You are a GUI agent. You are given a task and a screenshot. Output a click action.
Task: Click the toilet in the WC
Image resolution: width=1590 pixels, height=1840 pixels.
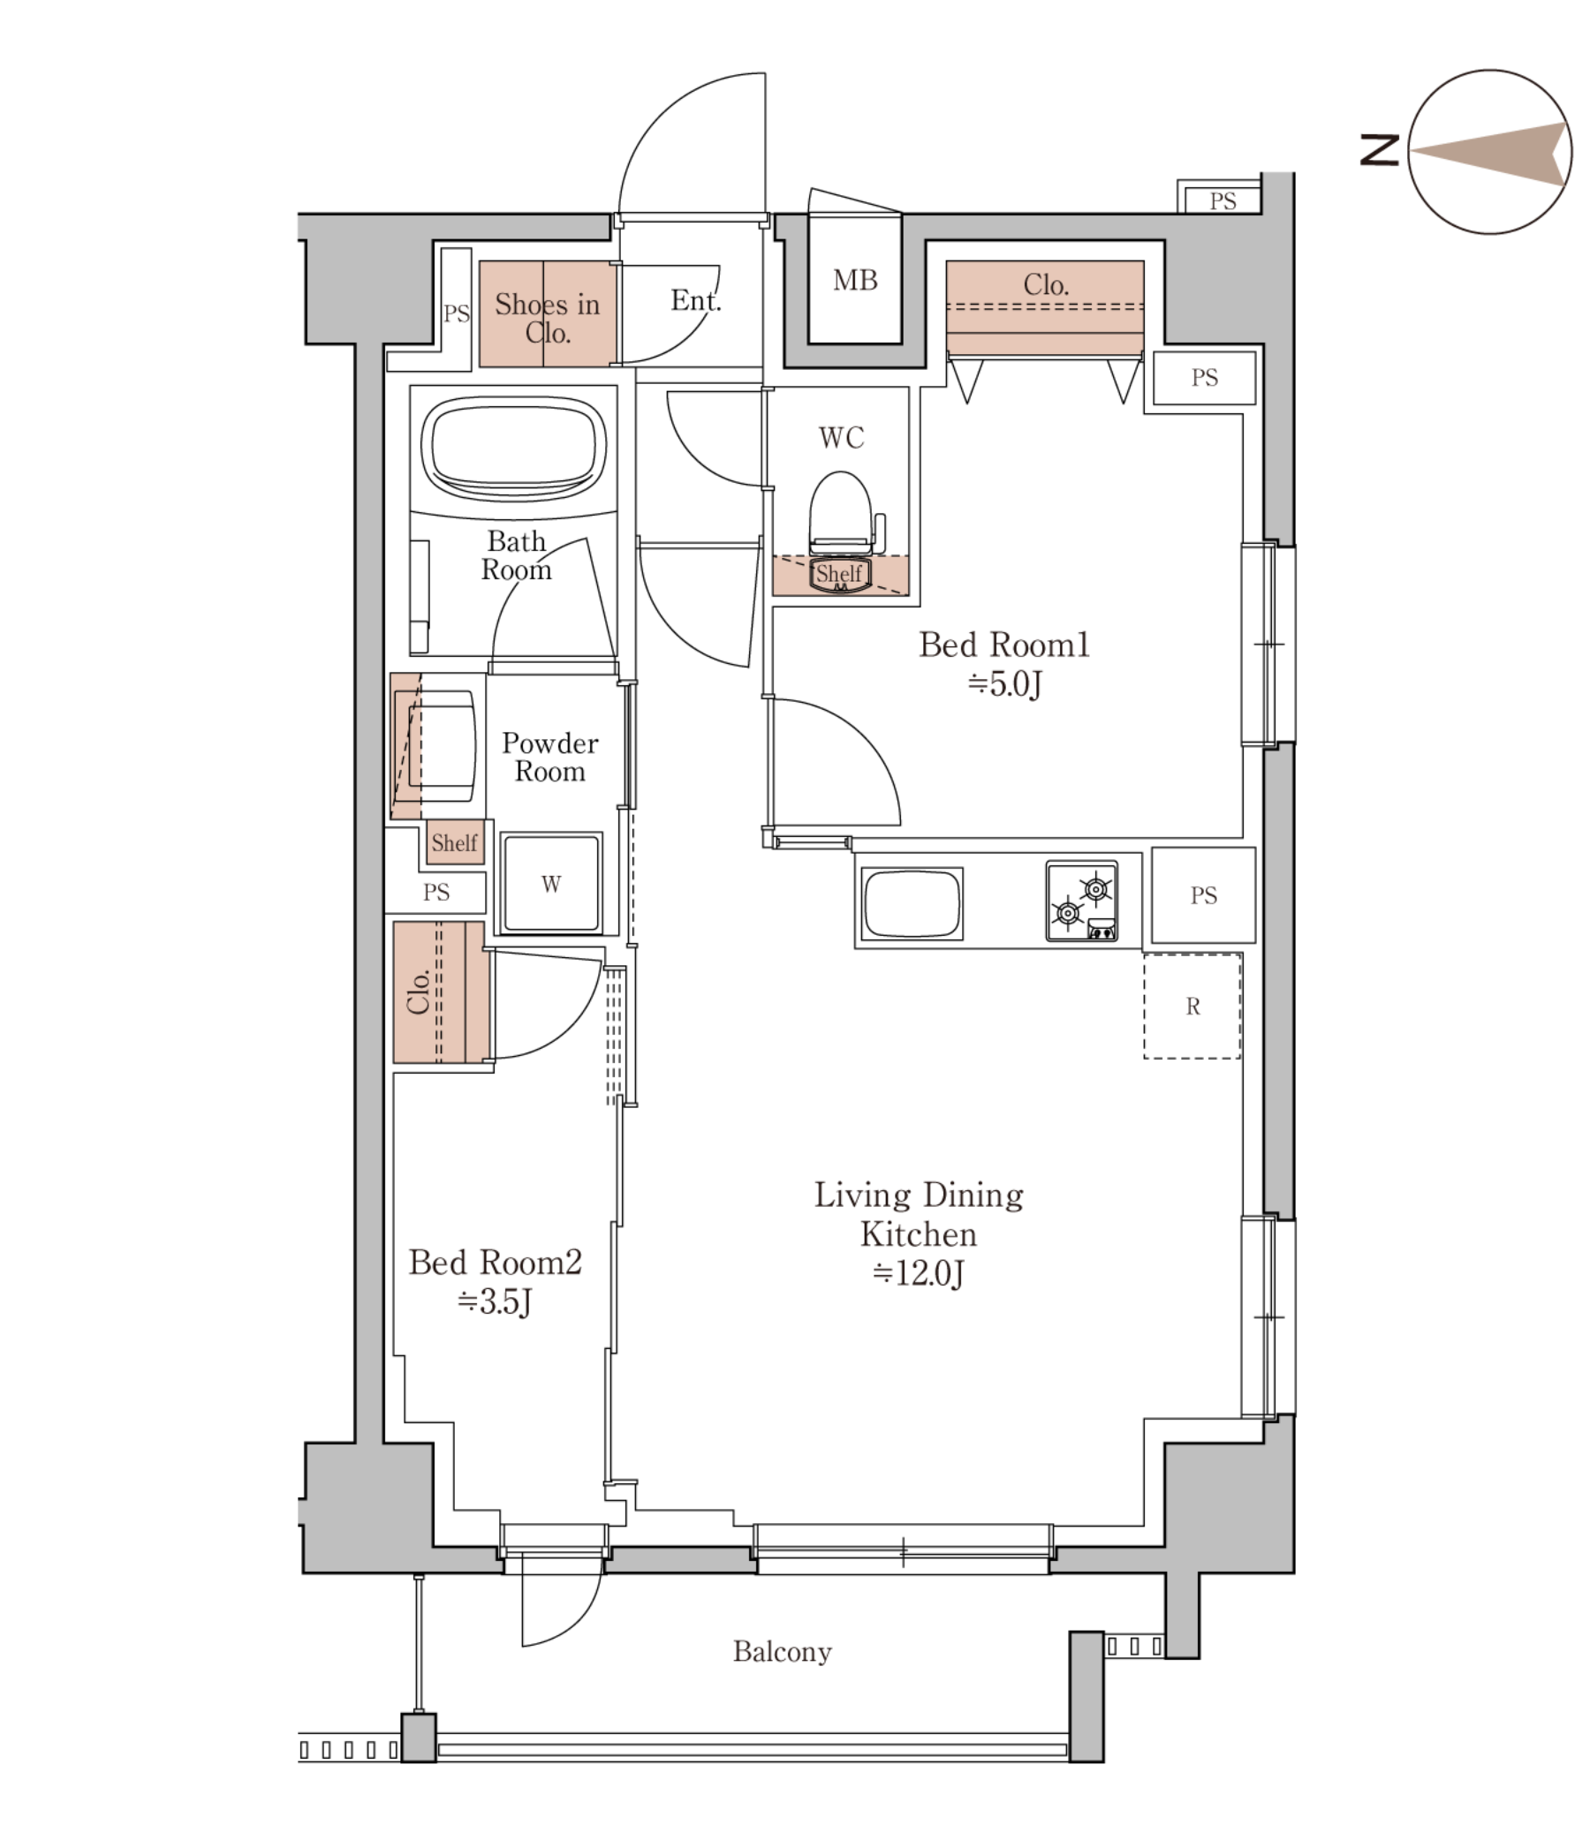[x=840, y=514]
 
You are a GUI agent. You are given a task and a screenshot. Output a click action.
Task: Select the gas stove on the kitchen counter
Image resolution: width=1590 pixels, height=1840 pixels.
[x=1081, y=901]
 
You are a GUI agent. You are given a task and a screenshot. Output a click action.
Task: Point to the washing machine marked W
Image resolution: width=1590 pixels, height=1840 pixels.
[x=550, y=883]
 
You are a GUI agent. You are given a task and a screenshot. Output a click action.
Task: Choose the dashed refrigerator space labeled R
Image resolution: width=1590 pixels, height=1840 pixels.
[x=1192, y=1006]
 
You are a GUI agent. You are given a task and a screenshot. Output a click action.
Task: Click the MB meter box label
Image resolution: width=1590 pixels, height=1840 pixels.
[x=855, y=281]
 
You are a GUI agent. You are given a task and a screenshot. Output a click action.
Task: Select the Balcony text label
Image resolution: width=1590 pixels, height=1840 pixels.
[x=782, y=1652]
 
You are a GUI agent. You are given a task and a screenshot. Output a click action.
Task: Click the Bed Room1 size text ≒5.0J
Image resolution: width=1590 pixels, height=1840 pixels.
[x=1003, y=683]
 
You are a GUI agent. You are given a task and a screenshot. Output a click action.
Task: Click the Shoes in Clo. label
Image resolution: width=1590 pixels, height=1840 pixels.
[x=547, y=318]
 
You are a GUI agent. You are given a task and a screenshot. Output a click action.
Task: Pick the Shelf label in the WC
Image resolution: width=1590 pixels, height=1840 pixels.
[x=839, y=574]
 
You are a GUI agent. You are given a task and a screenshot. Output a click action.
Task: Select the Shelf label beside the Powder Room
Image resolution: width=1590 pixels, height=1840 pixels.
[x=455, y=841]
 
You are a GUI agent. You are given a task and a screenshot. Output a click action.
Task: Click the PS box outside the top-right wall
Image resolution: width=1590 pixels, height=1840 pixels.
[x=1223, y=200]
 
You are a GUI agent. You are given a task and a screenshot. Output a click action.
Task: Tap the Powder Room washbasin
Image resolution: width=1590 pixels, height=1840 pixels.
[x=436, y=747]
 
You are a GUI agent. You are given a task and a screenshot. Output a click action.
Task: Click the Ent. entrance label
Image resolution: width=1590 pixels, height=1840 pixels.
[x=695, y=300]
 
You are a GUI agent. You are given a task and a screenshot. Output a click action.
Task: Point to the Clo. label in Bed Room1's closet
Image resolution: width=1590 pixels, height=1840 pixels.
[x=1046, y=284]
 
